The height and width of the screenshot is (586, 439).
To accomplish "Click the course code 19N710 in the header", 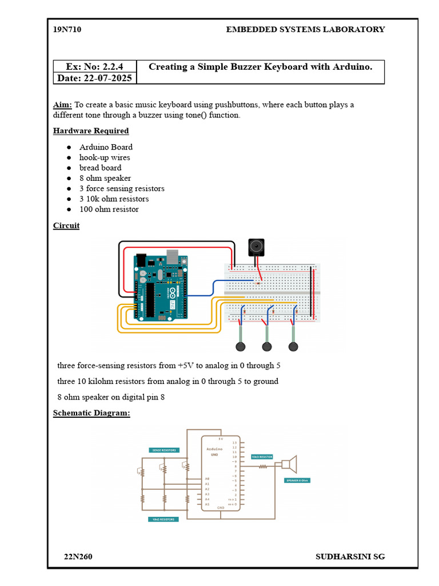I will point(67,29).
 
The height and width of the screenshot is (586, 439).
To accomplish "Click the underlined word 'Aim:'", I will point(62,105).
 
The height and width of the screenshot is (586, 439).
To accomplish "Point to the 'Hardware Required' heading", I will point(91,130).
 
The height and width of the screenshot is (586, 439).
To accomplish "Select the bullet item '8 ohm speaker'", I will point(105,178).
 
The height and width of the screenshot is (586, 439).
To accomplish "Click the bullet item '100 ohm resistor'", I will point(109,209).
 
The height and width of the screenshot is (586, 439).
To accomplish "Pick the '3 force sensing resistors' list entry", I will point(122,188).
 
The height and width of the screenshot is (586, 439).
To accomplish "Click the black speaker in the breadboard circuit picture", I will point(256,247).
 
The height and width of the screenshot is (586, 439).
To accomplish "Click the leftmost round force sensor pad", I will point(241,346).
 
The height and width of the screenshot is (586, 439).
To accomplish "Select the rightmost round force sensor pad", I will point(294,346).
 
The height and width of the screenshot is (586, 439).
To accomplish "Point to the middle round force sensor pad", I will point(267,346).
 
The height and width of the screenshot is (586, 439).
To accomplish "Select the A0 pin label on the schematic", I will point(207,478).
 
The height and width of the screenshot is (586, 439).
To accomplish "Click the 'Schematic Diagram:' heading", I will point(91,413).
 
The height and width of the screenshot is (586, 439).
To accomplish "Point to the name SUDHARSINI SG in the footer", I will point(350,557).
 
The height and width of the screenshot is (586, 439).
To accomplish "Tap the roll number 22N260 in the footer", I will point(78,557).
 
